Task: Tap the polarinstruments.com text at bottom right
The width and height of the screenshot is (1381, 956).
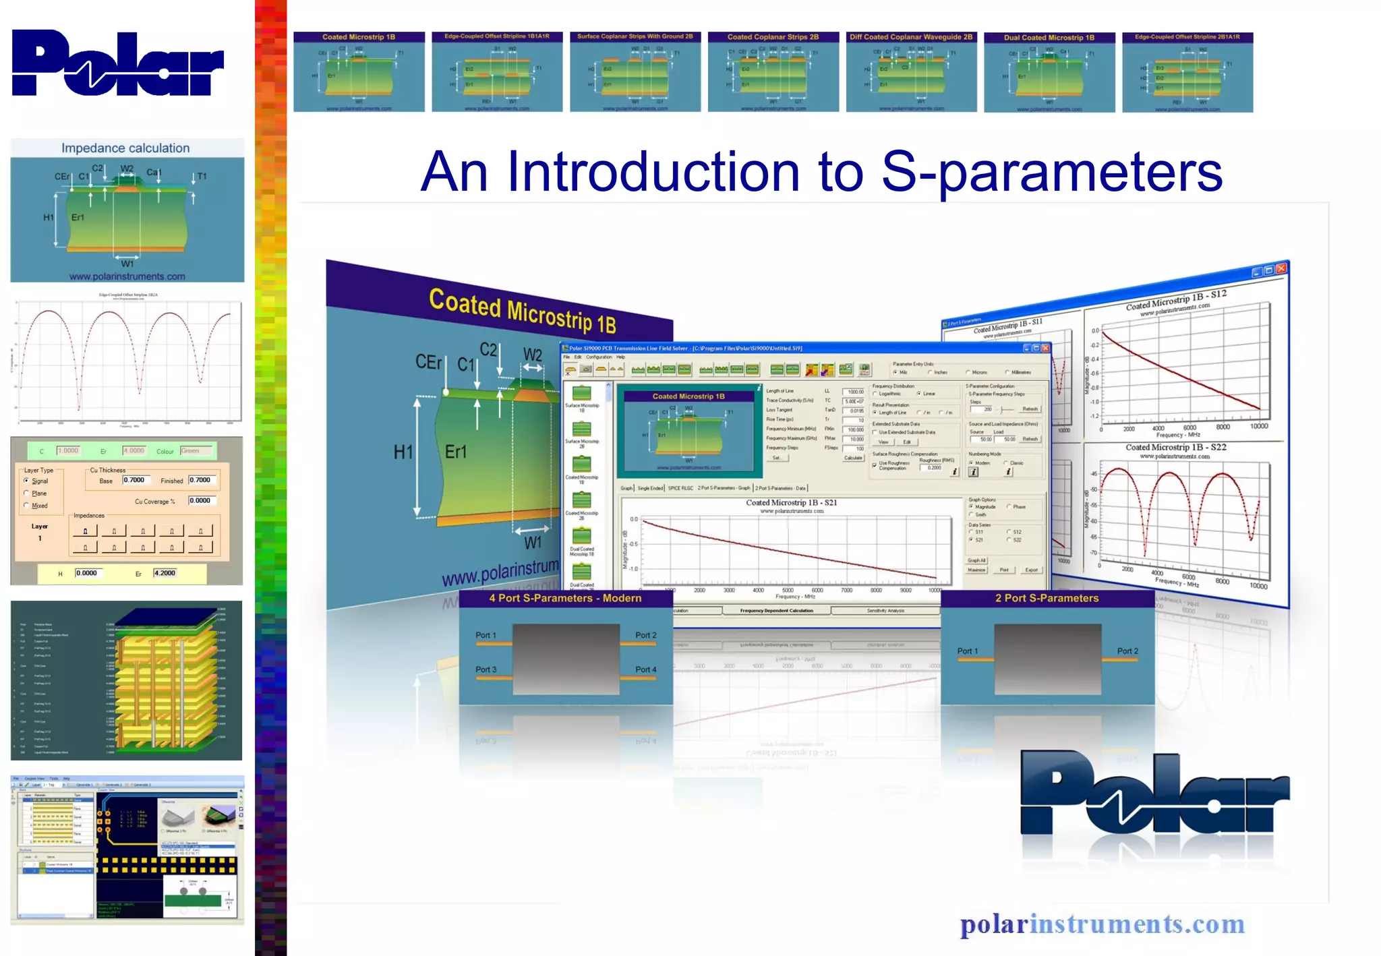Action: (1102, 924)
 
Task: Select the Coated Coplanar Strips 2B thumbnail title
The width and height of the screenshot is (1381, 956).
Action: (773, 37)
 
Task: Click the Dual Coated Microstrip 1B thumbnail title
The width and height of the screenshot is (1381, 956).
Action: (1049, 38)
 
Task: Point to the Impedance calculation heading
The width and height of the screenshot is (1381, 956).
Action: (125, 148)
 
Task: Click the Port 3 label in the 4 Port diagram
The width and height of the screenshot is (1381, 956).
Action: (486, 669)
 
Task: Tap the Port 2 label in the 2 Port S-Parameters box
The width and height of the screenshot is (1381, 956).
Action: (1127, 651)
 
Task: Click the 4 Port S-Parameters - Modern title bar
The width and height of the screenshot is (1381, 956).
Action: (565, 598)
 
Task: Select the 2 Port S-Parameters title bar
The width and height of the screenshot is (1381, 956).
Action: (1047, 598)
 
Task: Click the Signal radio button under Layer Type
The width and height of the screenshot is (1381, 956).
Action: (26, 481)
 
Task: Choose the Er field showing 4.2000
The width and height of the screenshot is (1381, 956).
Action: (165, 573)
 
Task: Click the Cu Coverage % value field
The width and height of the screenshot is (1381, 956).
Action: (201, 500)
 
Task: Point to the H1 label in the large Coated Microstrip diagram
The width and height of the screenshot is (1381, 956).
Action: (403, 452)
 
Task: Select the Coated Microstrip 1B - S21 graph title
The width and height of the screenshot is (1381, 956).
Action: (791, 502)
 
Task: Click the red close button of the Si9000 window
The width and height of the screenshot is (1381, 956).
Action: (1045, 348)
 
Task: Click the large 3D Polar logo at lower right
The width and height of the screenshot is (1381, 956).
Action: (1154, 794)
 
